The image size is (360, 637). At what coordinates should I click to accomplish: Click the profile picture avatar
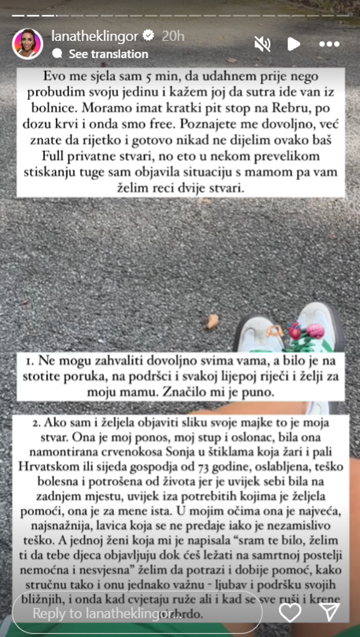tap(28, 44)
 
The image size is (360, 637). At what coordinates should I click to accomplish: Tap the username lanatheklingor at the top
tap(95, 36)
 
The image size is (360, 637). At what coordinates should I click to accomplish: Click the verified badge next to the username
tap(148, 36)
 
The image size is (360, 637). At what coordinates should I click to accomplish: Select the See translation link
tap(108, 54)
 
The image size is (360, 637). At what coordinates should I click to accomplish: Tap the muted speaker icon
tap(262, 44)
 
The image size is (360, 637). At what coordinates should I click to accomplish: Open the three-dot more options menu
tap(329, 44)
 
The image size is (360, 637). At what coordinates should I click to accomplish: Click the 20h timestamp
tap(173, 36)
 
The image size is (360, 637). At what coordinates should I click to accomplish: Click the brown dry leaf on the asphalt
tap(212, 321)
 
